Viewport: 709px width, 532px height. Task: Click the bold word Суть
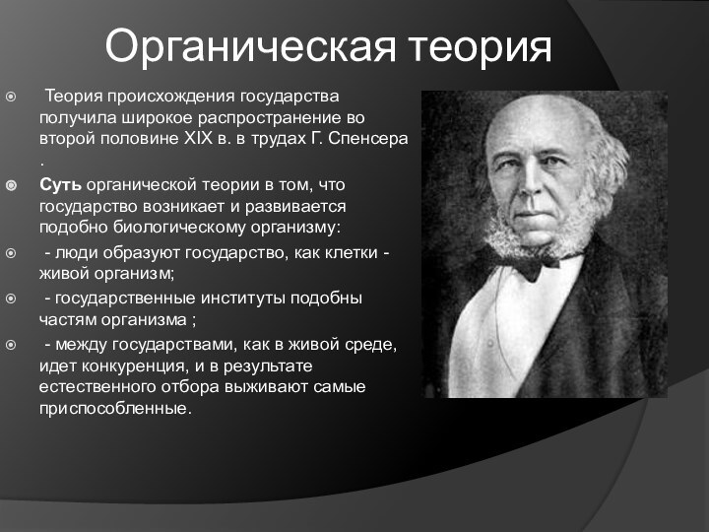tap(60, 184)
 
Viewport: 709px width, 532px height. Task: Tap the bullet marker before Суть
tap(11, 184)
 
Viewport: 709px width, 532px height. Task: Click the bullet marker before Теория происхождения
tap(11, 97)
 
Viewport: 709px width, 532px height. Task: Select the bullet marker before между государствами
tap(11, 343)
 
